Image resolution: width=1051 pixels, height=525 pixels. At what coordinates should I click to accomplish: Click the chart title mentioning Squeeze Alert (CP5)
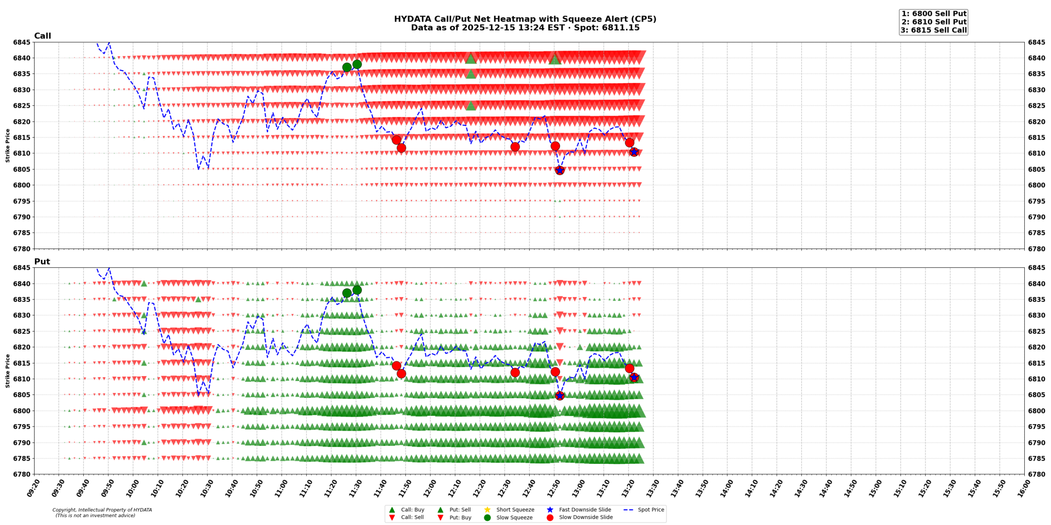[525, 19]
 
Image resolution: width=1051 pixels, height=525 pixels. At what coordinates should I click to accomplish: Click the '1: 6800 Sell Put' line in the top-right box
[934, 14]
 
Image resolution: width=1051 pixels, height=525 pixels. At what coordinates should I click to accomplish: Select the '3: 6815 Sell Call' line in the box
[934, 30]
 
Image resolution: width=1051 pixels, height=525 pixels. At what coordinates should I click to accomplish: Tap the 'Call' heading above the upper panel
[42, 36]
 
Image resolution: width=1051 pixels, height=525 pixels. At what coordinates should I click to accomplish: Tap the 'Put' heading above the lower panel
[42, 261]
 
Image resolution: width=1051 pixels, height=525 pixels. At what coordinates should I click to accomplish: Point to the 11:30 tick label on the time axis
[356, 488]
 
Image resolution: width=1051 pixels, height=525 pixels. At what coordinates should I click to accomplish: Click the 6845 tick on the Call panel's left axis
[21, 42]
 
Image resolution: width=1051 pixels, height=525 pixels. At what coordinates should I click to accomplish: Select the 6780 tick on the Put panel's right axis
[1036, 474]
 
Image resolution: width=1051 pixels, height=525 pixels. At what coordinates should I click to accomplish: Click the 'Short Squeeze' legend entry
[515, 509]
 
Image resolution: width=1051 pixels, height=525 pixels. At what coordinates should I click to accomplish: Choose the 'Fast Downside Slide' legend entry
[585, 509]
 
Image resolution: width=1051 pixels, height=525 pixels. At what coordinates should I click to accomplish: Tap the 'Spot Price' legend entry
[651, 509]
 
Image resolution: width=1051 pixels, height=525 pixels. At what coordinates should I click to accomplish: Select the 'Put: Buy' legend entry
[460, 517]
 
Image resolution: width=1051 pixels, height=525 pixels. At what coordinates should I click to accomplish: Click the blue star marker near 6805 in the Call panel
[560, 170]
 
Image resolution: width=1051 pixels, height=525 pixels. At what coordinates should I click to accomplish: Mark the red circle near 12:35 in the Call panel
[515, 147]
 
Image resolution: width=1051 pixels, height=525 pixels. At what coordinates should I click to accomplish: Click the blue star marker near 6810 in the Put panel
[634, 377]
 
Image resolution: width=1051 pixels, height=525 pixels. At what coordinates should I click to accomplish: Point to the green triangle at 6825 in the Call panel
[471, 106]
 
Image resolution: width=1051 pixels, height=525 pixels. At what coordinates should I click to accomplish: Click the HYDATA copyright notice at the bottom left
[102, 513]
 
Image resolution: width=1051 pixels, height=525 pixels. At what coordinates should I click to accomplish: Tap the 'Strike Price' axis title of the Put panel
[7, 371]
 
